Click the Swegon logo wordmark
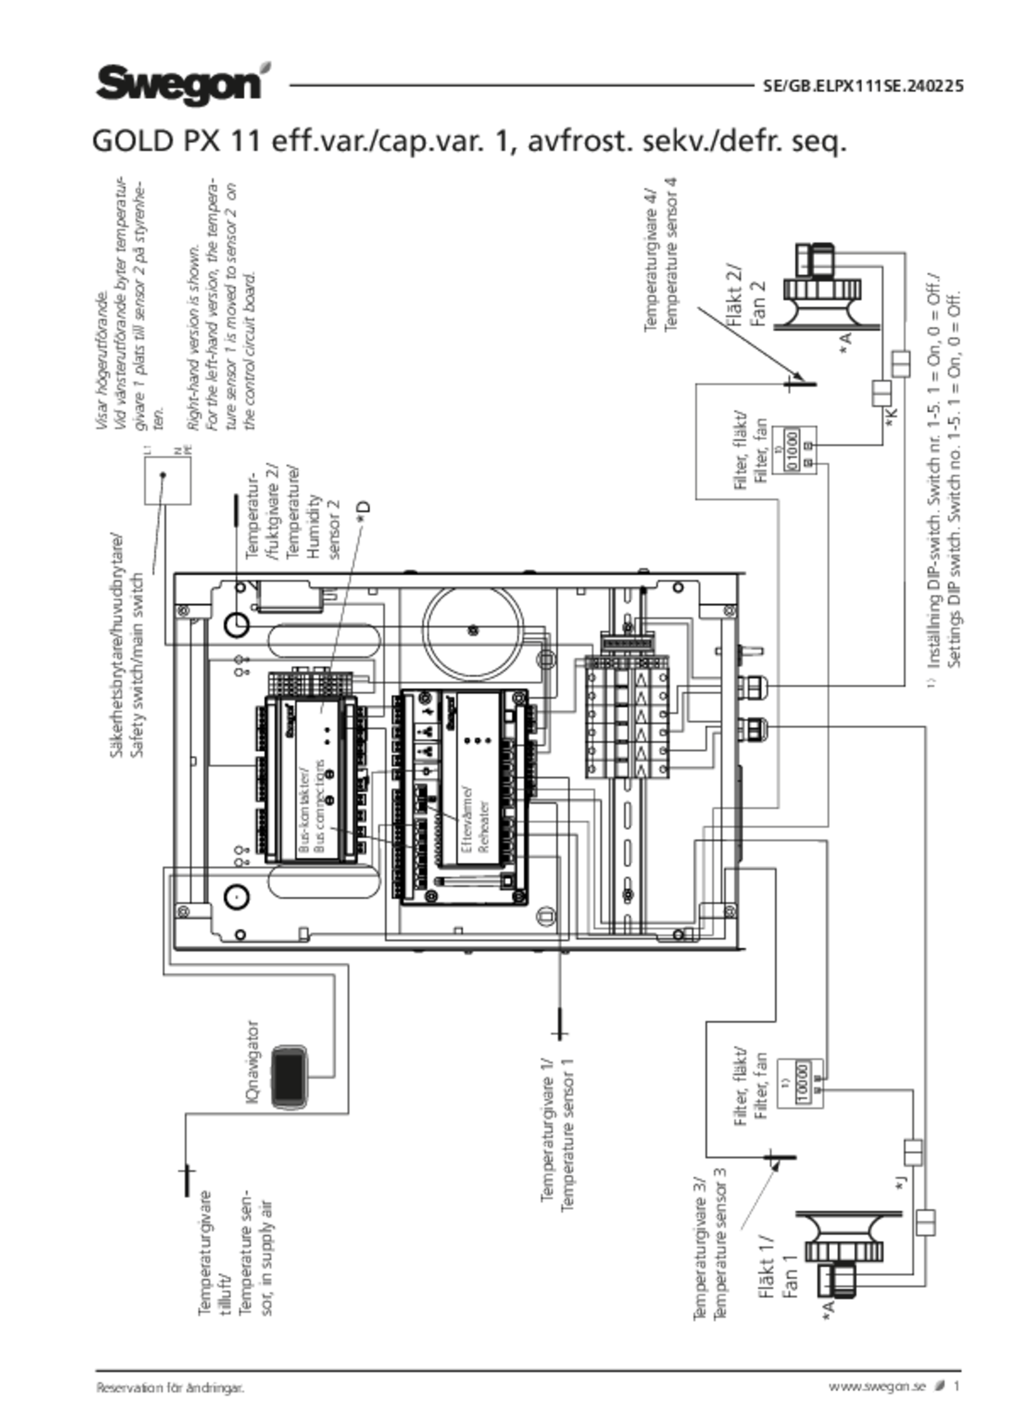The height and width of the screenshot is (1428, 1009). click(178, 82)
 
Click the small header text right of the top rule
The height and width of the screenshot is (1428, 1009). click(861, 86)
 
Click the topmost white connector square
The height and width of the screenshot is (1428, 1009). click(901, 364)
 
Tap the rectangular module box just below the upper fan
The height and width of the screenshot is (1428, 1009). click(798, 449)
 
